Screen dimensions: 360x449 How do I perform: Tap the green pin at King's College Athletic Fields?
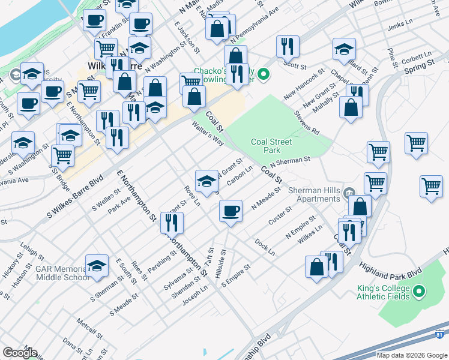point(420,292)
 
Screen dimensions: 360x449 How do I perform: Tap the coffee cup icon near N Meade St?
point(231,211)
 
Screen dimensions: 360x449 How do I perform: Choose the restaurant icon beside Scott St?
point(287,46)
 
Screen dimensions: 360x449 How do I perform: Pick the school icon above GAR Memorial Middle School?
point(97,265)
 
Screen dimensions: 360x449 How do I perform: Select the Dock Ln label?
point(264,247)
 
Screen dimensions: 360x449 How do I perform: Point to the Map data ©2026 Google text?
point(412,355)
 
